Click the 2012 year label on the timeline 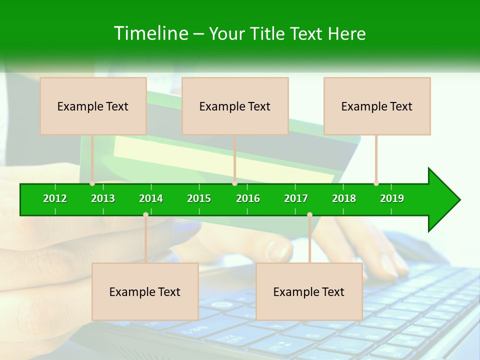pyautogui.click(x=55, y=198)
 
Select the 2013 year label pyautogui.click(x=103, y=198)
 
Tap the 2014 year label pyautogui.click(x=151, y=198)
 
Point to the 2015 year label pyautogui.click(x=199, y=198)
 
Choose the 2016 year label pyautogui.click(x=248, y=198)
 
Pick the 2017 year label pyautogui.click(x=296, y=198)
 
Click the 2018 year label pyautogui.click(x=344, y=198)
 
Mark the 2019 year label pyautogui.click(x=392, y=198)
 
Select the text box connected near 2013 pyautogui.click(x=93, y=106)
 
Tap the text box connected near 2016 pyautogui.click(x=235, y=106)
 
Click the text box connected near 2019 pyautogui.click(x=377, y=106)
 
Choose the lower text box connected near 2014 pyautogui.click(x=145, y=291)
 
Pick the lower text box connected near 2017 pyautogui.click(x=309, y=291)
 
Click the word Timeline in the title pyautogui.click(x=150, y=33)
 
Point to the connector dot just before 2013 pyautogui.click(x=92, y=183)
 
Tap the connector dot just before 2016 pyautogui.click(x=234, y=183)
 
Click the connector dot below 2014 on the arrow pyautogui.click(x=145, y=215)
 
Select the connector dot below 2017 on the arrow pyautogui.click(x=309, y=215)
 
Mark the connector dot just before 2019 pyautogui.click(x=376, y=183)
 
